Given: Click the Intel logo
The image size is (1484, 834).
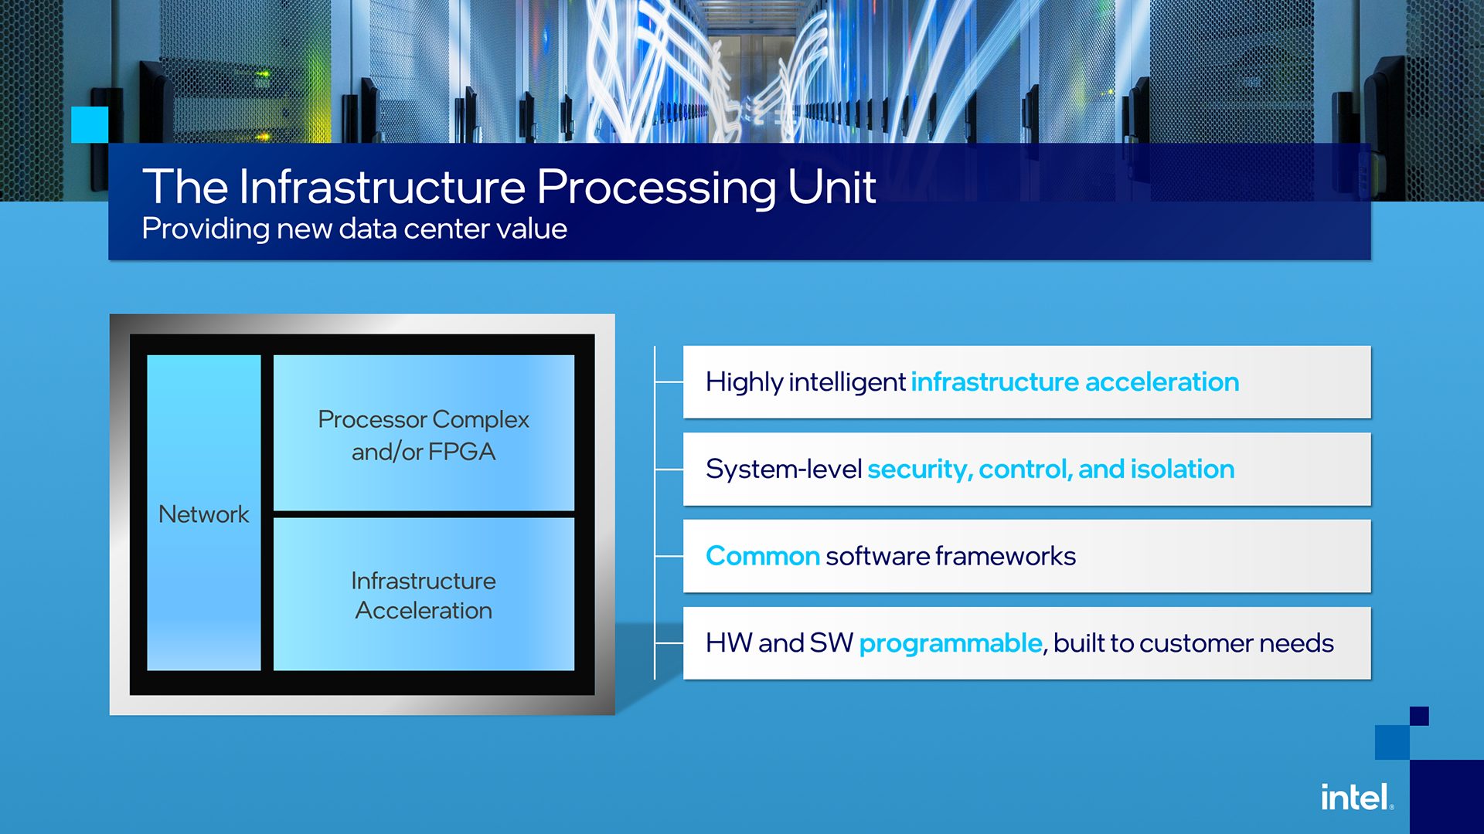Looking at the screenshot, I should [x=1356, y=798].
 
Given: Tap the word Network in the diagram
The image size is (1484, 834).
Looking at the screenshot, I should [x=203, y=514].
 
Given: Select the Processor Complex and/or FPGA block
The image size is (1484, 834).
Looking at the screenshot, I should [x=424, y=433].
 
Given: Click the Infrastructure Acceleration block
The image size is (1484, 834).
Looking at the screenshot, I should [x=424, y=595].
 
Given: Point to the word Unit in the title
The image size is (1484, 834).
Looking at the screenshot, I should [x=832, y=187].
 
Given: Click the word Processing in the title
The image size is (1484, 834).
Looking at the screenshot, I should [x=656, y=188].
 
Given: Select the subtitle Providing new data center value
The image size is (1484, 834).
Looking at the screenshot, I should [x=354, y=229].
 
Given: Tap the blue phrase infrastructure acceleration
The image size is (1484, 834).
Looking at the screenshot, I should [x=1074, y=382].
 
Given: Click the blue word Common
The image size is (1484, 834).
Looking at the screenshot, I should [x=762, y=556].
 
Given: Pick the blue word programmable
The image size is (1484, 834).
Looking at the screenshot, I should [x=950, y=643].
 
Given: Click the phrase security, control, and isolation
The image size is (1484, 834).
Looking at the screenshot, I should [x=1050, y=470].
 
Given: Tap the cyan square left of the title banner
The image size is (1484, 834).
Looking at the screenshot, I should [x=90, y=124].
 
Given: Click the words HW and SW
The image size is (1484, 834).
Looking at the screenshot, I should [x=778, y=643].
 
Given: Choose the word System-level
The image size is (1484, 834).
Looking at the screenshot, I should [x=783, y=470].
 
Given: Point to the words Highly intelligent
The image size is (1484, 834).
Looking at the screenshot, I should [x=805, y=382].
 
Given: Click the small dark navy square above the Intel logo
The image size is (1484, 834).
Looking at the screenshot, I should [x=1419, y=716].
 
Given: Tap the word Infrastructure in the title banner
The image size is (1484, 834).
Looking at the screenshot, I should [x=382, y=187].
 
